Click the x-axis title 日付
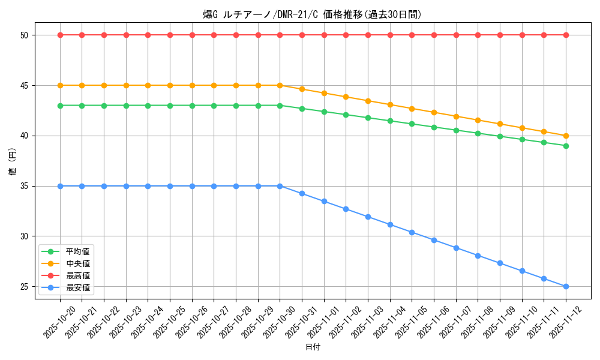(x=313, y=347)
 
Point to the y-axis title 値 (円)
(x=13, y=161)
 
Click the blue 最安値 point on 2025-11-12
(x=566, y=286)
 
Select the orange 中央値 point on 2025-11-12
(x=566, y=136)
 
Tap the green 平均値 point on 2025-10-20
(x=60, y=106)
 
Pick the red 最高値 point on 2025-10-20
(x=60, y=35)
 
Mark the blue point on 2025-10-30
(x=280, y=186)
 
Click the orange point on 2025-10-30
(x=280, y=85)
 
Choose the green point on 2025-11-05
(x=412, y=124)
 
